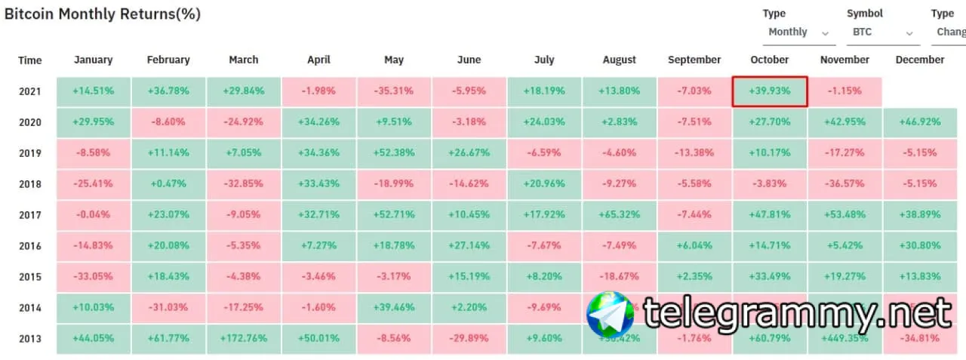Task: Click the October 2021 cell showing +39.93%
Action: pyautogui.click(x=770, y=91)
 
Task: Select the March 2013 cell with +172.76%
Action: pyautogui.click(x=243, y=338)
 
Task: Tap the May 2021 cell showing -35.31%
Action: pyautogui.click(x=394, y=91)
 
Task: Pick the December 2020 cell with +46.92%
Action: pyautogui.click(x=920, y=122)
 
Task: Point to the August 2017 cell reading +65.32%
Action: pyautogui.click(x=620, y=215)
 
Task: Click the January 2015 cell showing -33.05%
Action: pyautogui.click(x=94, y=276)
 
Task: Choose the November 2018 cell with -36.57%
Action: pyautogui.click(x=844, y=184)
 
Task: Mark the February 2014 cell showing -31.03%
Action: pyautogui.click(x=168, y=307)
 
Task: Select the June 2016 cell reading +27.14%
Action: pyautogui.click(x=469, y=246)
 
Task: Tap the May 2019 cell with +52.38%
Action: pyautogui.click(x=394, y=153)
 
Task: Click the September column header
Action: pyautogui.click(x=694, y=60)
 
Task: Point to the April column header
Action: pyautogui.click(x=318, y=60)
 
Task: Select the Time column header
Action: pyautogui.click(x=30, y=60)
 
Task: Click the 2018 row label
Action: pyautogui.click(x=30, y=184)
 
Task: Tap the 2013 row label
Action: pyautogui.click(x=30, y=338)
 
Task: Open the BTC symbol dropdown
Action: pyautogui.click(x=881, y=32)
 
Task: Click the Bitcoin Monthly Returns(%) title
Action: pyautogui.click(x=103, y=14)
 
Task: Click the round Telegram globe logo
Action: pyautogui.click(x=611, y=314)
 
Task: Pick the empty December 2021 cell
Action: pyautogui.click(x=920, y=91)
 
